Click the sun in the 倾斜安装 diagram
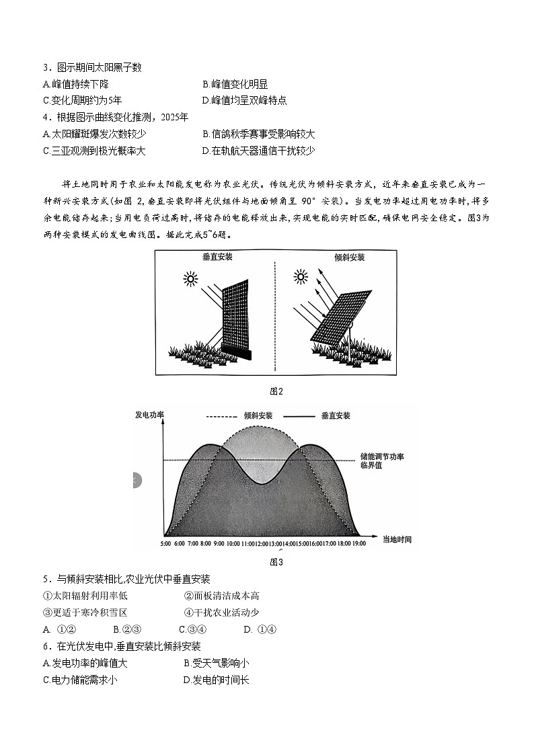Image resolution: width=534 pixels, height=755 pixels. point(301,276)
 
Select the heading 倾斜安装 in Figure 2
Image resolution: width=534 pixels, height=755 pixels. point(349,257)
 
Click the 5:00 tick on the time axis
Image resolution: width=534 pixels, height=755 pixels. point(165,543)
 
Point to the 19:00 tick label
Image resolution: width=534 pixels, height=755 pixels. point(358,543)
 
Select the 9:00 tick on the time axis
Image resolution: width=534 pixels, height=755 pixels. point(219,543)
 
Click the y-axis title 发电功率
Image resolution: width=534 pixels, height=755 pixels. point(149,414)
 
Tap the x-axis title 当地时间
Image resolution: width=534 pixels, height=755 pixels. point(397,539)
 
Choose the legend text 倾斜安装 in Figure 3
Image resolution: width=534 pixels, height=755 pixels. point(258,415)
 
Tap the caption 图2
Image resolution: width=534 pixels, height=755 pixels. point(276,391)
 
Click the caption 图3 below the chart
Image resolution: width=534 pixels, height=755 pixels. point(276,561)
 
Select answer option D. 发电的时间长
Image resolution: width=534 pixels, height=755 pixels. point(216,680)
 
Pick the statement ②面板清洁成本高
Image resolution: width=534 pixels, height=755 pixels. point(221,595)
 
